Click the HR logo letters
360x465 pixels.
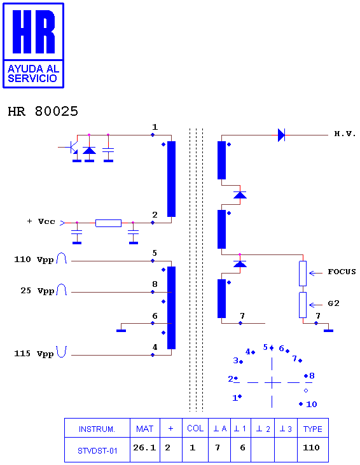(x=34, y=32)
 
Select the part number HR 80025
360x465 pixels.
(x=43, y=111)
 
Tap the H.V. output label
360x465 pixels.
(x=345, y=134)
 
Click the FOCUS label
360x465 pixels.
(x=342, y=272)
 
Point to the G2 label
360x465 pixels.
(x=334, y=303)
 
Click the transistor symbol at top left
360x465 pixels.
(x=71, y=148)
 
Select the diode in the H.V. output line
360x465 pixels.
(x=281, y=135)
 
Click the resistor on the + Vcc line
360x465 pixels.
(x=108, y=223)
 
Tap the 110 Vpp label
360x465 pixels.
(x=34, y=260)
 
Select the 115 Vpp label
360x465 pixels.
(x=34, y=354)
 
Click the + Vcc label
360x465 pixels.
(x=41, y=221)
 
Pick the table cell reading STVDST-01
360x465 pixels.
(x=97, y=451)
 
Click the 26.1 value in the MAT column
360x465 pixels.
(x=144, y=447)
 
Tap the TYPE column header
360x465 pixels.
(x=312, y=429)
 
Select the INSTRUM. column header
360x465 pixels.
(x=97, y=429)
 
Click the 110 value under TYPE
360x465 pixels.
(x=311, y=447)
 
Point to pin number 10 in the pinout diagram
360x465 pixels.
(x=312, y=404)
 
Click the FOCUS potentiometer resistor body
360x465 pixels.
(x=303, y=274)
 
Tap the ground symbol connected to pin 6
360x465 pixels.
(x=121, y=330)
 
